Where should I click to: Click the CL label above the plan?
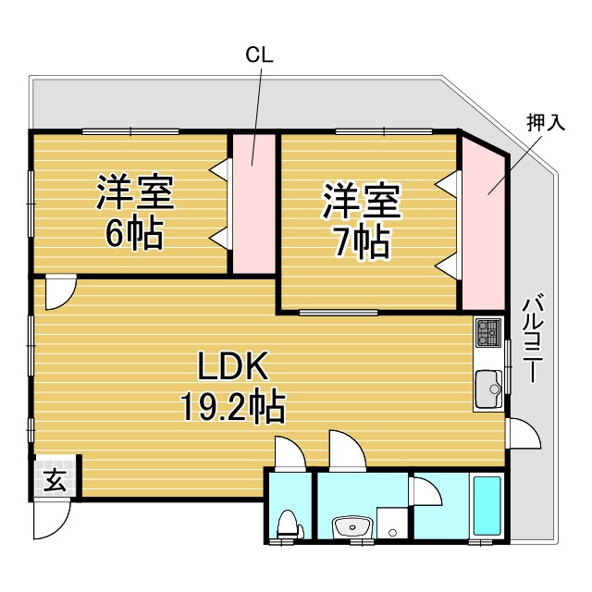(x=259, y=55)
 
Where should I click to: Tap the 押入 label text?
(x=546, y=122)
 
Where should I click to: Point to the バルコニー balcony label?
(x=533, y=338)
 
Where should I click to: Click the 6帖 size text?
(x=134, y=233)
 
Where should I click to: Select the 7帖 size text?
(x=362, y=242)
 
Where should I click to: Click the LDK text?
(x=233, y=365)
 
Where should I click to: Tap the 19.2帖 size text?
(x=233, y=406)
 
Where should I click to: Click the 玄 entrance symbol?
(x=55, y=479)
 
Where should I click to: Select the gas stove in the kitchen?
(x=488, y=332)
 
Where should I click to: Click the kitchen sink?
(x=488, y=388)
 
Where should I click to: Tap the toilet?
(x=290, y=525)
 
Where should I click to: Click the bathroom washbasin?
(x=352, y=526)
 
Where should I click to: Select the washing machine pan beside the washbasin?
(x=392, y=524)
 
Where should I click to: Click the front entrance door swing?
(x=52, y=519)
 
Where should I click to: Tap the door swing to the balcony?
(x=524, y=433)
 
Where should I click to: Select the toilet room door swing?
(x=290, y=453)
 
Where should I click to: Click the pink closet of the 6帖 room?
(x=253, y=203)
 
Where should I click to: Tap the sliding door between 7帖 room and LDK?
(x=339, y=313)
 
